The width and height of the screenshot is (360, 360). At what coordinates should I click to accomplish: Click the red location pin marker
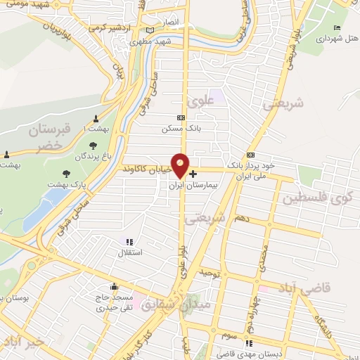pos(181,165)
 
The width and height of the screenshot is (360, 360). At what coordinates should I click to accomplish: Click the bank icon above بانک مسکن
pos(181,117)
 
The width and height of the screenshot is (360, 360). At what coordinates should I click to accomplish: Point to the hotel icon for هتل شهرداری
pos(337,27)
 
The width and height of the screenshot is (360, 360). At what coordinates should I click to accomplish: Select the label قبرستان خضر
pos(51,137)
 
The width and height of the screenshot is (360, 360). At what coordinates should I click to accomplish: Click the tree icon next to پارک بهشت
pos(67,173)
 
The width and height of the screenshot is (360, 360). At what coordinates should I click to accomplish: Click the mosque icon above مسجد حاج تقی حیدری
pos(113,287)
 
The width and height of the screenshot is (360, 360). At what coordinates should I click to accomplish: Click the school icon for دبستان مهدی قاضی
pos(247,343)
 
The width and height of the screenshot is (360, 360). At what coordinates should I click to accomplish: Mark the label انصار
pos(171,22)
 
